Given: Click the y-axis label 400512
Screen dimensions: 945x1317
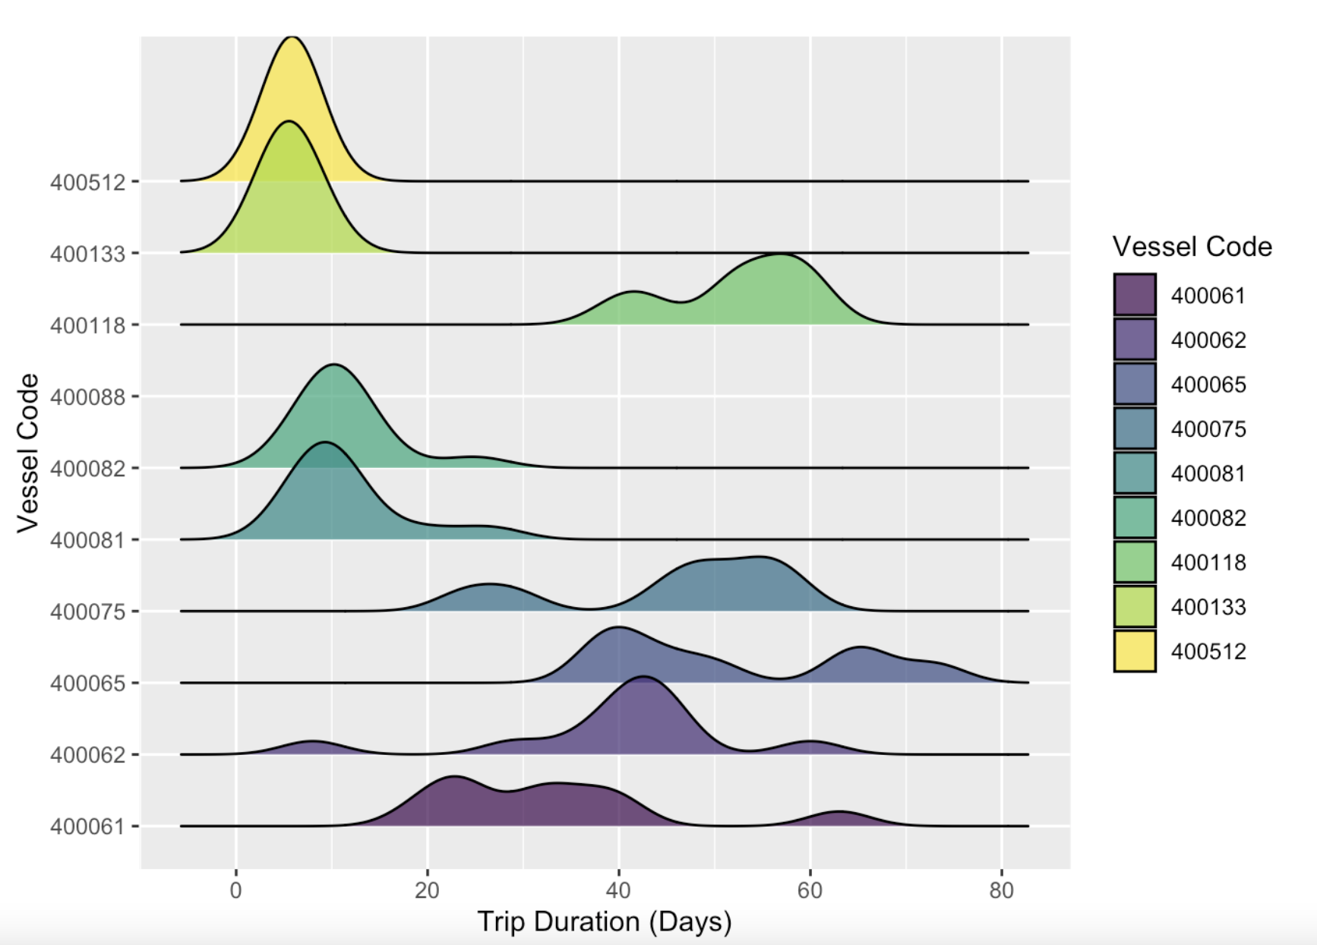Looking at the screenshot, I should pyautogui.click(x=87, y=182).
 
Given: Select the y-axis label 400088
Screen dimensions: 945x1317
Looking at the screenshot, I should pyautogui.click(x=87, y=397).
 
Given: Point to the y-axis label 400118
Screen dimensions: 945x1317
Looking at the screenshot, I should pyautogui.click(x=87, y=326).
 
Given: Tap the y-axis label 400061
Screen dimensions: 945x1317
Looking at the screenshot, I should pyautogui.click(x=87, y=826).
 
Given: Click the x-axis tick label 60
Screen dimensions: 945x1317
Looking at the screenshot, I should pyautogui.click(x=810, y=890).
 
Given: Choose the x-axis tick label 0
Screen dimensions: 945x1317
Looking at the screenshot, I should pyautogui.click(x=236, y=890).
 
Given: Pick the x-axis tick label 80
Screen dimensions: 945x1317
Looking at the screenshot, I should pyautogui.click(x=1001, y=890).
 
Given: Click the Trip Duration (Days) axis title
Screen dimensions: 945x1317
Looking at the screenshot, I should pyautogui.click(x=605, y=921).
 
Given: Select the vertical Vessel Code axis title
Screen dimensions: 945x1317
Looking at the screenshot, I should pyautogui.click(x=28, y=453).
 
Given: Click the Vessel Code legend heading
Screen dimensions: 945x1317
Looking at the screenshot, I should pyautogui.click(x=1192, y=247).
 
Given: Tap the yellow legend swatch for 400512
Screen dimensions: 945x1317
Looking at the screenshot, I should pyautogui.click(x=1135, y=651).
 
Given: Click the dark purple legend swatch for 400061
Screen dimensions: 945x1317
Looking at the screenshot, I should pyautogui.click(x=1135, y=295).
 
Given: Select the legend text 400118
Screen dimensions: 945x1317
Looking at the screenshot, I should pyautogui.click(x=1208, y=563).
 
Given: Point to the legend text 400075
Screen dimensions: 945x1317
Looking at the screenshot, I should pyautogui.click(x=1208, y=429).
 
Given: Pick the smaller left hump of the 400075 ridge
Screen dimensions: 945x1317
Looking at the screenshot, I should pyautogui.click(x=489, y=586).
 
